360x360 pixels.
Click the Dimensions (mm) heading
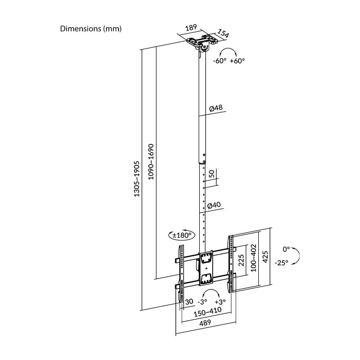[x=91, y=29]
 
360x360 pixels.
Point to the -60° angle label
[x=220, y=61]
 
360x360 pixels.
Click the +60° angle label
[x=237, y=61]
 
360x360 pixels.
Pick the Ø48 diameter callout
[x=216, y=109]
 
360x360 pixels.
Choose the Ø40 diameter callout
[x=215, y=205]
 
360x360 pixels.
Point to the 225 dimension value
[x=241, y=262]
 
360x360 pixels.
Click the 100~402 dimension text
[x=254, y=257]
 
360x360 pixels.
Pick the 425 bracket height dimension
[x=264, y=258]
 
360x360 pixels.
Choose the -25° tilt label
[x=282, y=263]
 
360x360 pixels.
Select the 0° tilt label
[x=286, y=250]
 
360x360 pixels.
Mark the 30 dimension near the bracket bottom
[x=189, y=301]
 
